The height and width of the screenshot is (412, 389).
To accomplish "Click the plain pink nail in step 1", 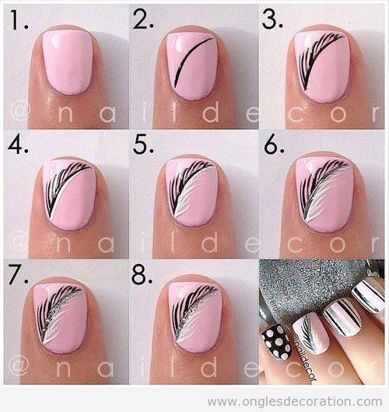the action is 68,62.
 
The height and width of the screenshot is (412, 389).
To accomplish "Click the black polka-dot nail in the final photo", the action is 276,341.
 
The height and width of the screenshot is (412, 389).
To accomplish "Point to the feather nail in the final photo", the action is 311,333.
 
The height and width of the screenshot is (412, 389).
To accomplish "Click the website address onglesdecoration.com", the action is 294,402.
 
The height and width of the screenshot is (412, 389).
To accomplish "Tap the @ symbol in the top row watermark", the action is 19,112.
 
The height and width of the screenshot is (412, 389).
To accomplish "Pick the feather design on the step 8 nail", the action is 193,312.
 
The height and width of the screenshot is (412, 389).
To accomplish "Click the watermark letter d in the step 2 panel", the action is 211,113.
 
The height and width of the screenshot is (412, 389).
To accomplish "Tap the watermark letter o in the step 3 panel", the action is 338,114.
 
